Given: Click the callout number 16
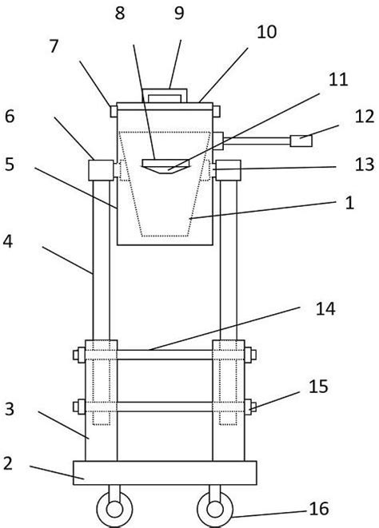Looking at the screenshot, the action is click(319, 508).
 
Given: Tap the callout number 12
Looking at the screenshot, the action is click(365, 117).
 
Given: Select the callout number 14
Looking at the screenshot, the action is click(325, 308).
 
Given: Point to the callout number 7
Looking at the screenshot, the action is click(54, 46).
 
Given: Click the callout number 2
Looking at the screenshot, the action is click(8, 463).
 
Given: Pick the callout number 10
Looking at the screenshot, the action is click(267, 32).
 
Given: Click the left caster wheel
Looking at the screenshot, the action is click(114, 509).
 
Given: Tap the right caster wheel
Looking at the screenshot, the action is click(215, 509).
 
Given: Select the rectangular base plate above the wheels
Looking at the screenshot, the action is click(165, 473).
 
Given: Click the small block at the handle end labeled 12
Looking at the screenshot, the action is click(301, 141).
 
